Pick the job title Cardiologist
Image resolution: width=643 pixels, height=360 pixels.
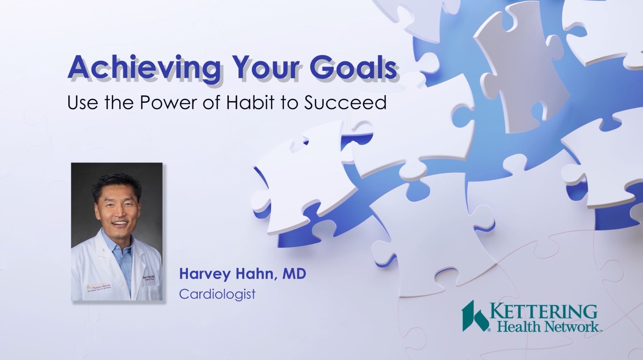click(217, 294)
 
